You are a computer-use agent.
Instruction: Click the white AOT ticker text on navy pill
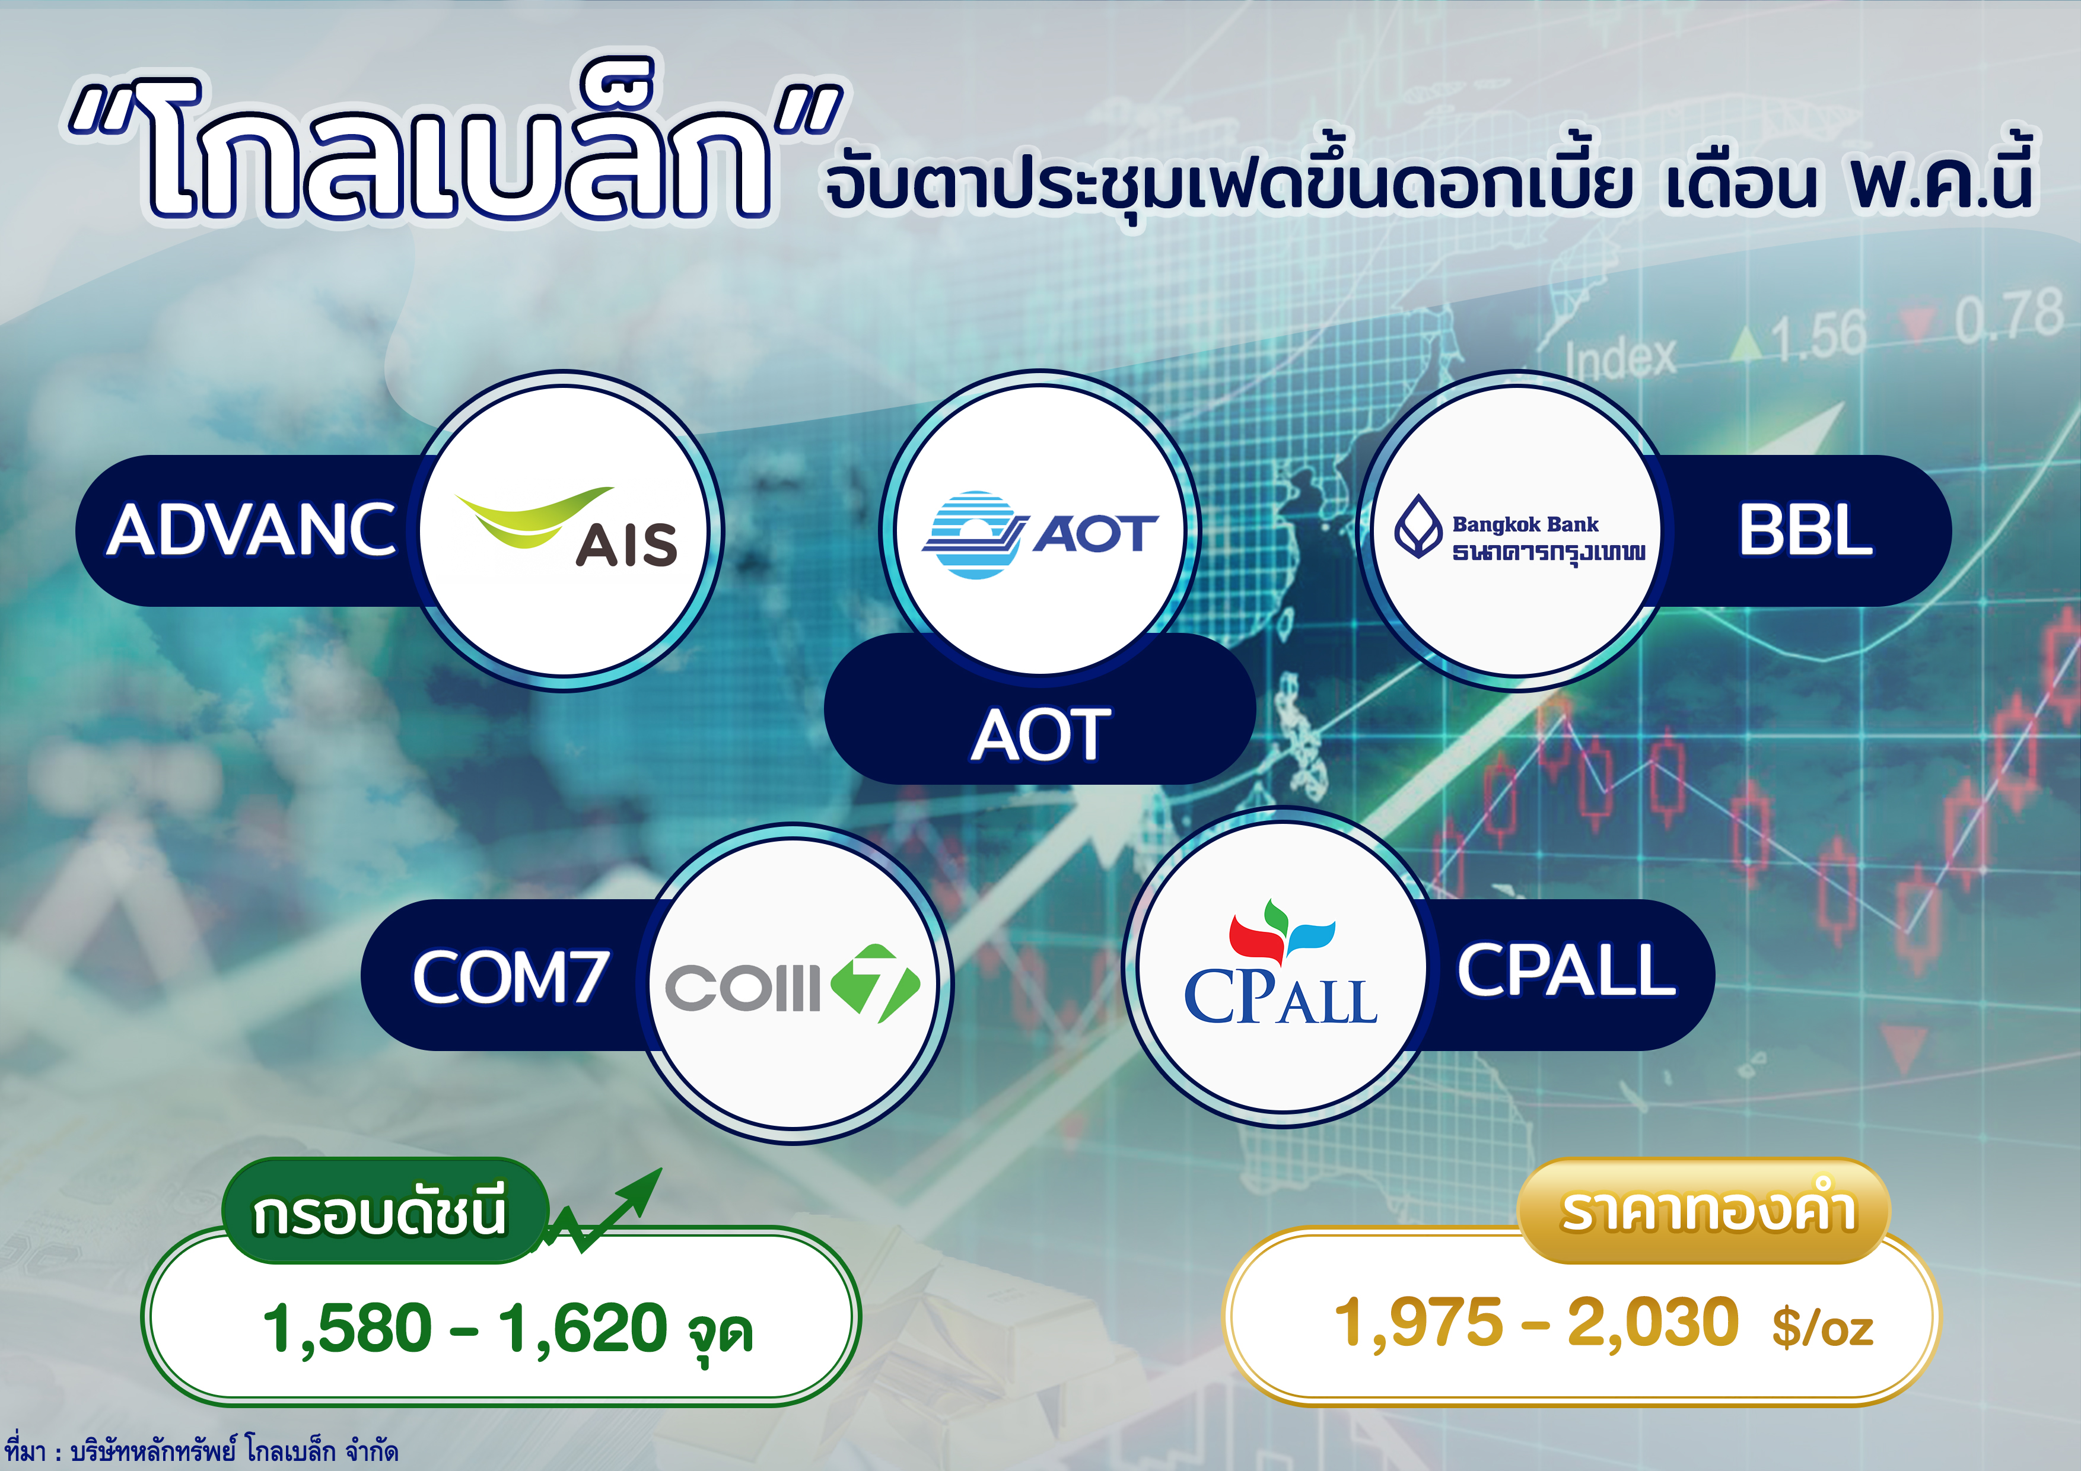pyautogui.click(x=1040, y=734)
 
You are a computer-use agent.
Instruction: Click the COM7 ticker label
pyautogui.click(x=510, y=976)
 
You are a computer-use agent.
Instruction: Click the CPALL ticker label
pyautogui.click(x=1565, y=970)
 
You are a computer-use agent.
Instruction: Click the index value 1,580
pyautogui.click(x=347, y=1328)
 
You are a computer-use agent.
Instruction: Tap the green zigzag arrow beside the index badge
pyautogui.click(x=603, y=1213)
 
